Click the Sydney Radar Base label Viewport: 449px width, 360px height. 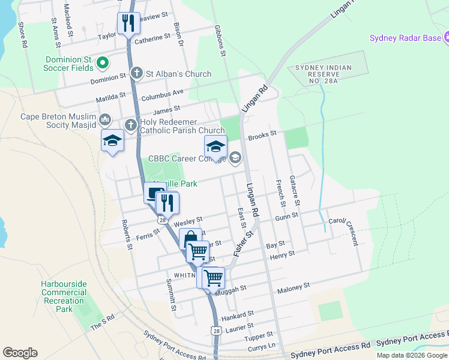(x=405, y=39)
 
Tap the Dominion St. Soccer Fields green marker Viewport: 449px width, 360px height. (x=102, y=62)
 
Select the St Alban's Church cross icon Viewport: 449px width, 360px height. (x=137, y=74)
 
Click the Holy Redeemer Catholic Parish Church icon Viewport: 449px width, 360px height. (x=131, y=125)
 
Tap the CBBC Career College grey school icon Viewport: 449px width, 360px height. (x=235, y=158)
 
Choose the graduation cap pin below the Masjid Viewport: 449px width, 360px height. (x=112, y=142)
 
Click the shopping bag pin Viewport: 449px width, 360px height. (x=190, y=238)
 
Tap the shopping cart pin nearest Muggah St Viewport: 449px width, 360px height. (x=213, y=278)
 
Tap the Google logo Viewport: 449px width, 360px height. (x=20, y=353)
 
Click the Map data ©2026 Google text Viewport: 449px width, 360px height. (x=412, y=355)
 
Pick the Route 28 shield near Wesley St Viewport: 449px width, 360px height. (x=162, y=220)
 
